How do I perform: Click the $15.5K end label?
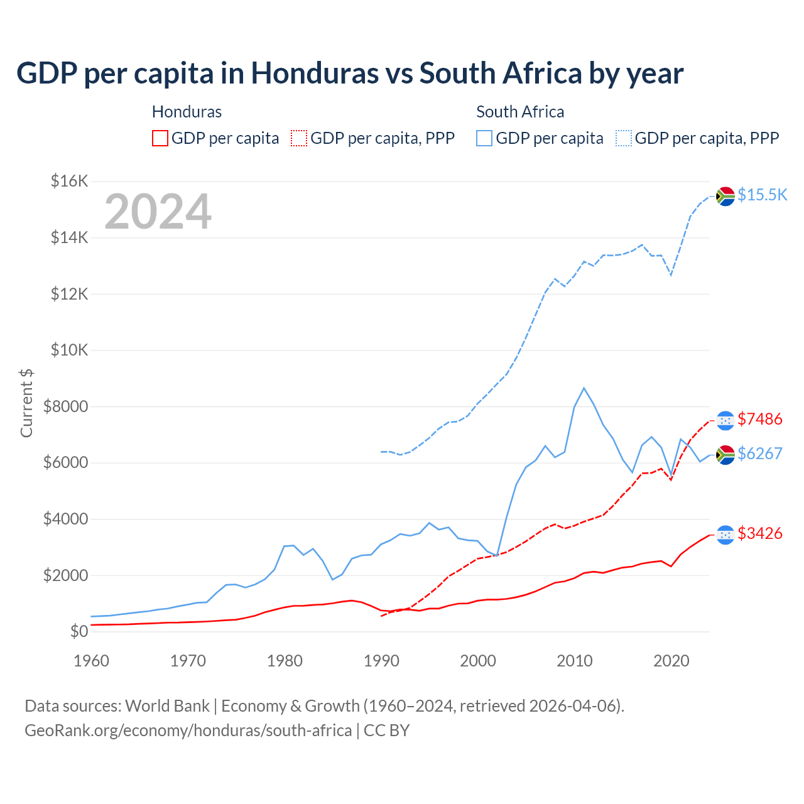(762, 195)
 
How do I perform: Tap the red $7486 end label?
(760, 419)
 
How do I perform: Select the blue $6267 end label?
(760, 454)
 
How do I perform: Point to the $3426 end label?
(760, 533)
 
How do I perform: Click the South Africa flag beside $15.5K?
(725, 196)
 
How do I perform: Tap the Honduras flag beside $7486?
(725, 420)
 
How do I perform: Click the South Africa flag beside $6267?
(725, 455)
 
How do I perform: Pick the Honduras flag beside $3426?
(725, 535)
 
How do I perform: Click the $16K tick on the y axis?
(70, 182)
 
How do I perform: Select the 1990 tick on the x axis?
(381, 661)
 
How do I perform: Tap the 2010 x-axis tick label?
(575, 661)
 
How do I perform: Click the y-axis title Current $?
(26, 403)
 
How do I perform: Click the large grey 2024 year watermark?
(158, 212)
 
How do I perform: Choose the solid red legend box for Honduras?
(160, 138)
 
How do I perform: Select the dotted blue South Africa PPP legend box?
(624, 138)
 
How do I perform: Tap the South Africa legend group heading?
(520, 112)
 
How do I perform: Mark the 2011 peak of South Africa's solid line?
(584, 388)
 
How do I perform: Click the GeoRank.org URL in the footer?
(188, 731)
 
